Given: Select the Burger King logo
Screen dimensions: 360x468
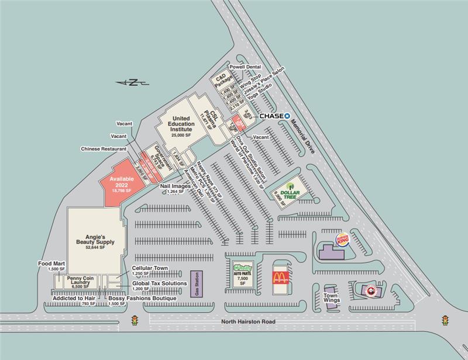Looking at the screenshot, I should (x=342, y=240).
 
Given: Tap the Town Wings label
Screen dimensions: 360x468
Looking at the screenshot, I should (x=332, y=300).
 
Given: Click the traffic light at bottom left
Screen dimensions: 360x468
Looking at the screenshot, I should (x=135, y=321).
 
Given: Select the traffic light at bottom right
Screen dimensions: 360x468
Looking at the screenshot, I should (x=446, y=321).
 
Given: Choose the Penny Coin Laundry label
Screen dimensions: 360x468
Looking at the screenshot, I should (x=78, y=281).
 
